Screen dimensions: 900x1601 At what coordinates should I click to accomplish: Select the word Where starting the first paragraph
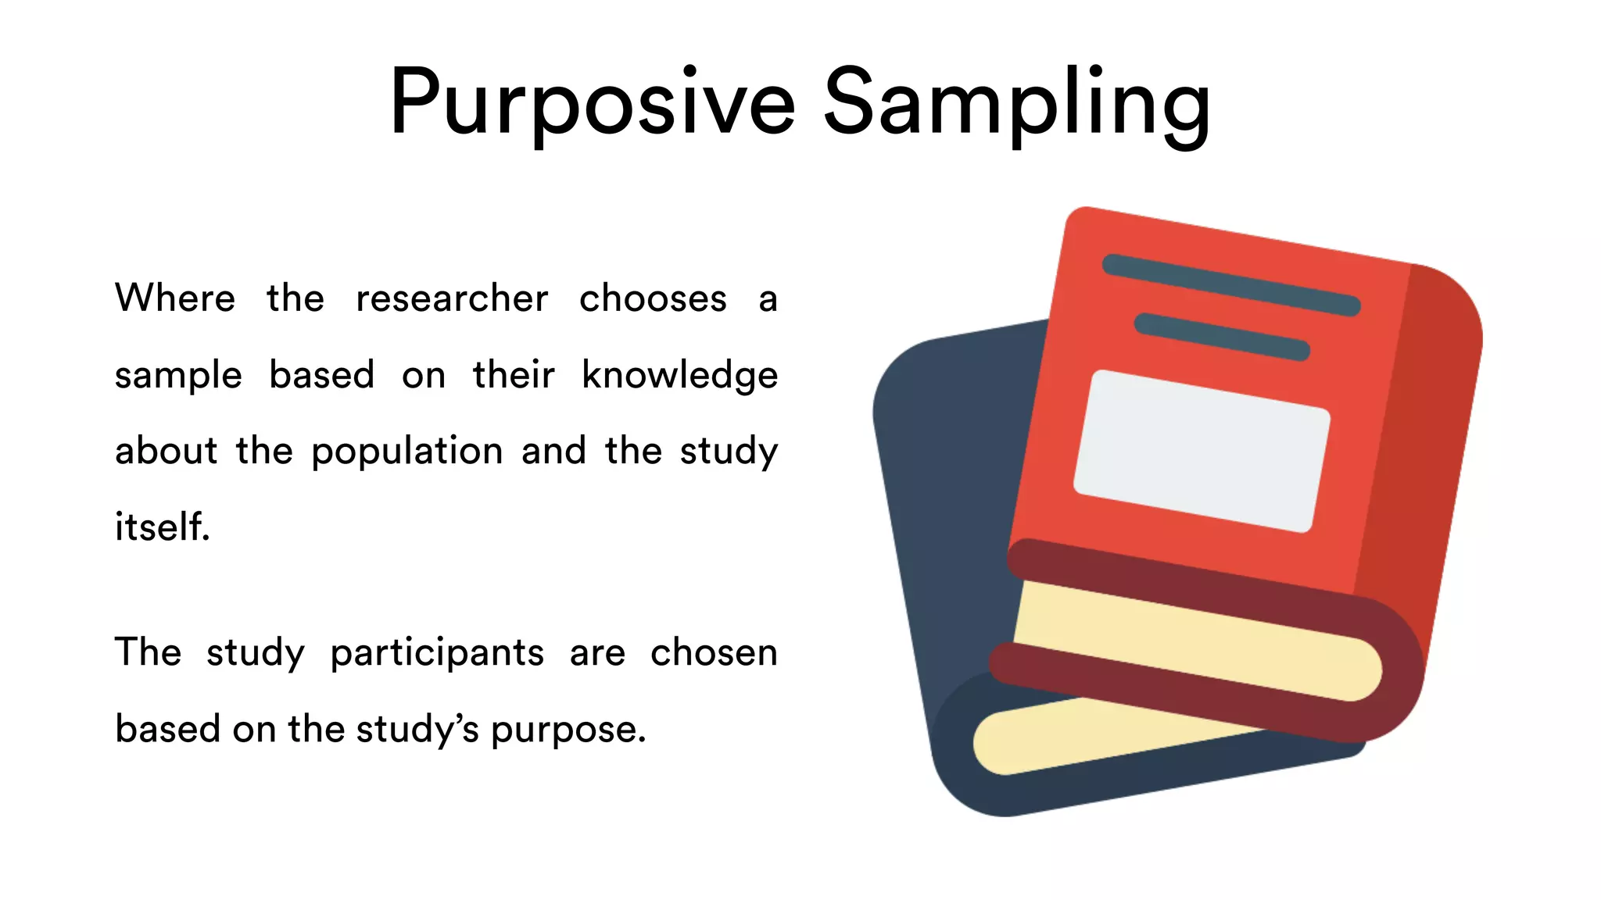click(x=175, y=298)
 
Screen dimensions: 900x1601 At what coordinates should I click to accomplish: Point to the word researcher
click(x=452, y=298)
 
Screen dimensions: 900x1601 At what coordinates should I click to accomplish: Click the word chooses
click(x=653, y=298)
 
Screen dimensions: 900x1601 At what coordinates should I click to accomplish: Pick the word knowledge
click(x=679, y=375)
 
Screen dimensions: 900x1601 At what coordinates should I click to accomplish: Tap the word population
click(x=407, y=452)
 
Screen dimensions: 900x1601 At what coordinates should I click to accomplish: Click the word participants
click(x=437, y=652)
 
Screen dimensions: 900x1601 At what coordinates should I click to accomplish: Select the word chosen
click(x=714, y=652)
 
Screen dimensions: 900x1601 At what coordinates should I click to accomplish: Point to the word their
click(x=514, y=374)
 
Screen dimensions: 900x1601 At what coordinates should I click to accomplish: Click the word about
click(x=166, y=451)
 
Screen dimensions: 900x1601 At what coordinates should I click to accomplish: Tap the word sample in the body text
click(x=178, y=376)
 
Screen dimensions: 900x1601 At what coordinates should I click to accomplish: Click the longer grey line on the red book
click(x=1231, y=284)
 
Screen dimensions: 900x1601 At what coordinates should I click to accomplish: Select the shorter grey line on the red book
click(x=1221, y=337)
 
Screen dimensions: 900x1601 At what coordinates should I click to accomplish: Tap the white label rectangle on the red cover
click(x=1202, y=451)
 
